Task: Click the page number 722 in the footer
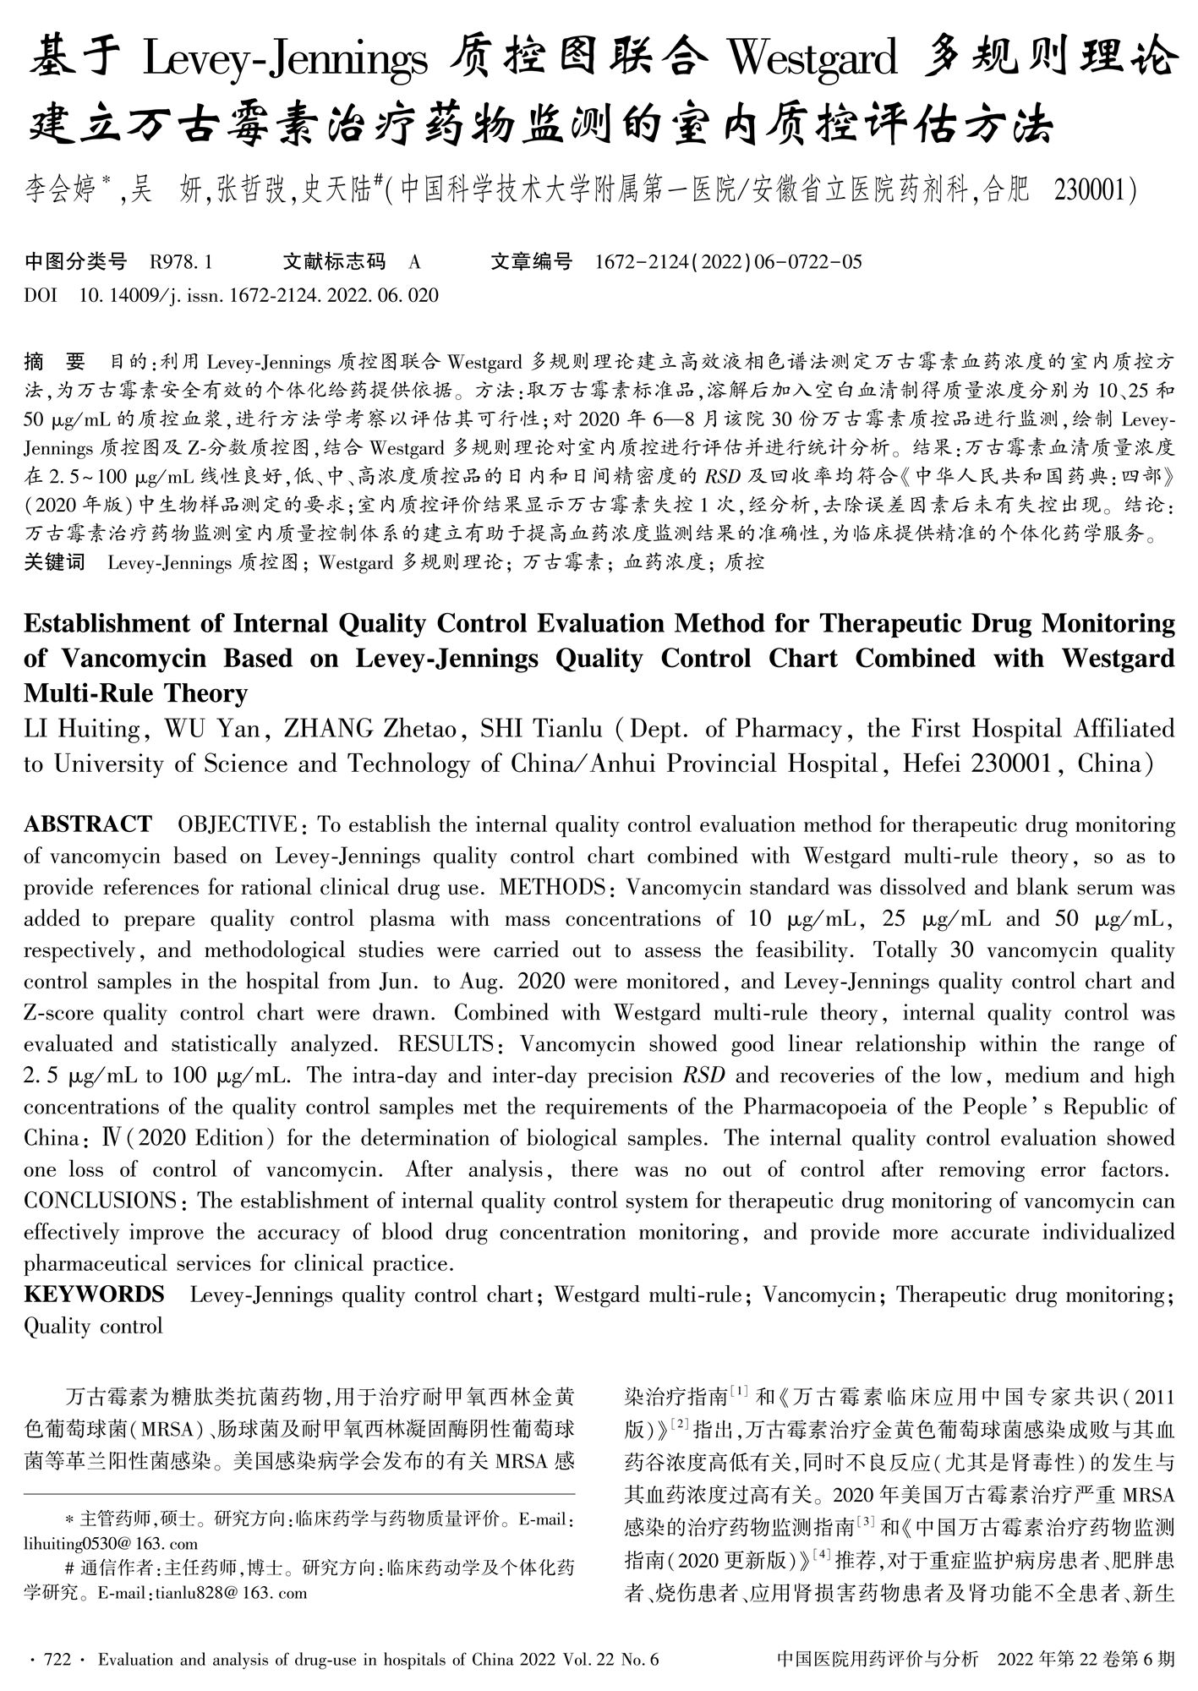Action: point(57,1659)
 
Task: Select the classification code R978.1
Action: point(181,262)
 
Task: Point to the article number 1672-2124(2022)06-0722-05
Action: point(729,262)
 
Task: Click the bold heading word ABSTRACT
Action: point(88,824)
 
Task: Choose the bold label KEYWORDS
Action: point(94,1294)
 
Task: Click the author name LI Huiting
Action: point(81,729)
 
